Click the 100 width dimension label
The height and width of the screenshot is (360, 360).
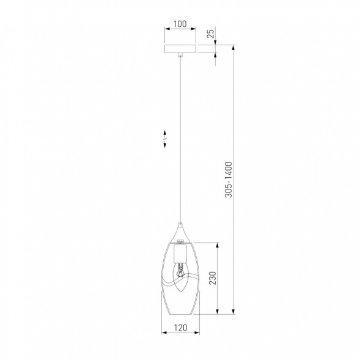180,24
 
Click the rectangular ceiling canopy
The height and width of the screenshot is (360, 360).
180,50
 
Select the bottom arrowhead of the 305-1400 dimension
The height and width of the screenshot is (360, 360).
234,311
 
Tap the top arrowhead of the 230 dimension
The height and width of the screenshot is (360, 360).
217,245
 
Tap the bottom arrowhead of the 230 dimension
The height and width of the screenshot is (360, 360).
217,312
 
